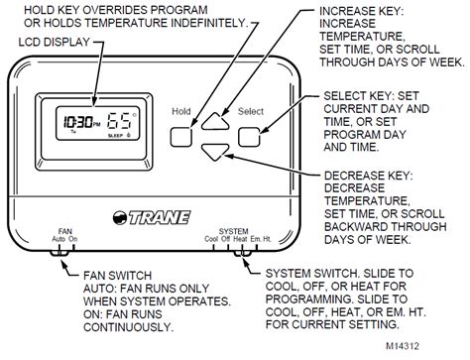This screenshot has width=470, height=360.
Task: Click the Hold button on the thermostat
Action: [x=180, y=135]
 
